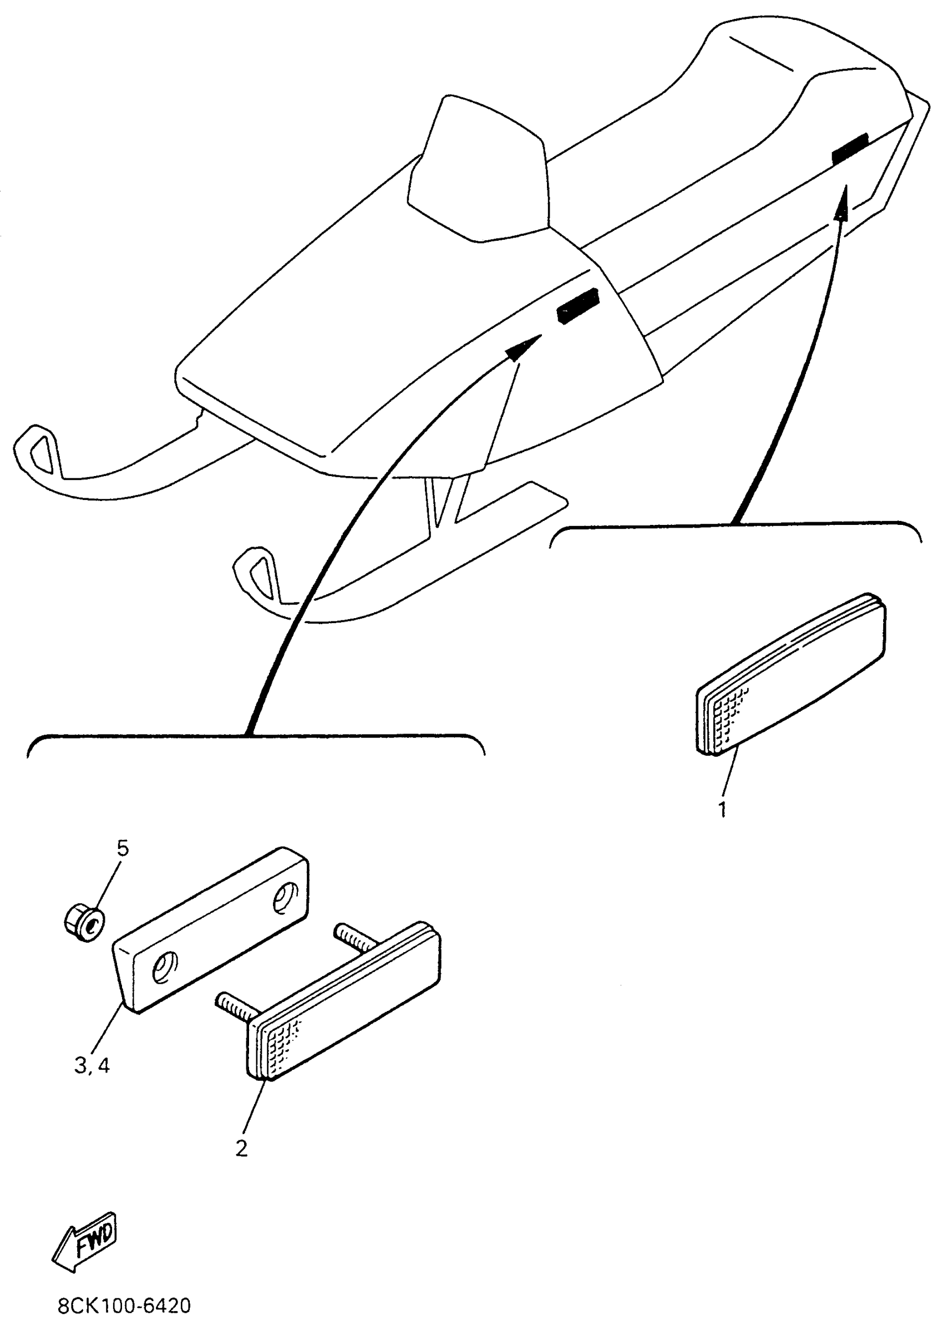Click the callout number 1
click(723, 809)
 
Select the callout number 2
click(241, 1147)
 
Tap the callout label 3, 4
click(92, 1066)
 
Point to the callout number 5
click(123, 848)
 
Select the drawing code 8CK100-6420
click(124, 1306)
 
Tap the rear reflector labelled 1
click(791, 675)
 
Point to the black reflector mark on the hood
click(577, 306)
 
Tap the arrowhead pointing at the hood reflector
click(523, 348)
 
